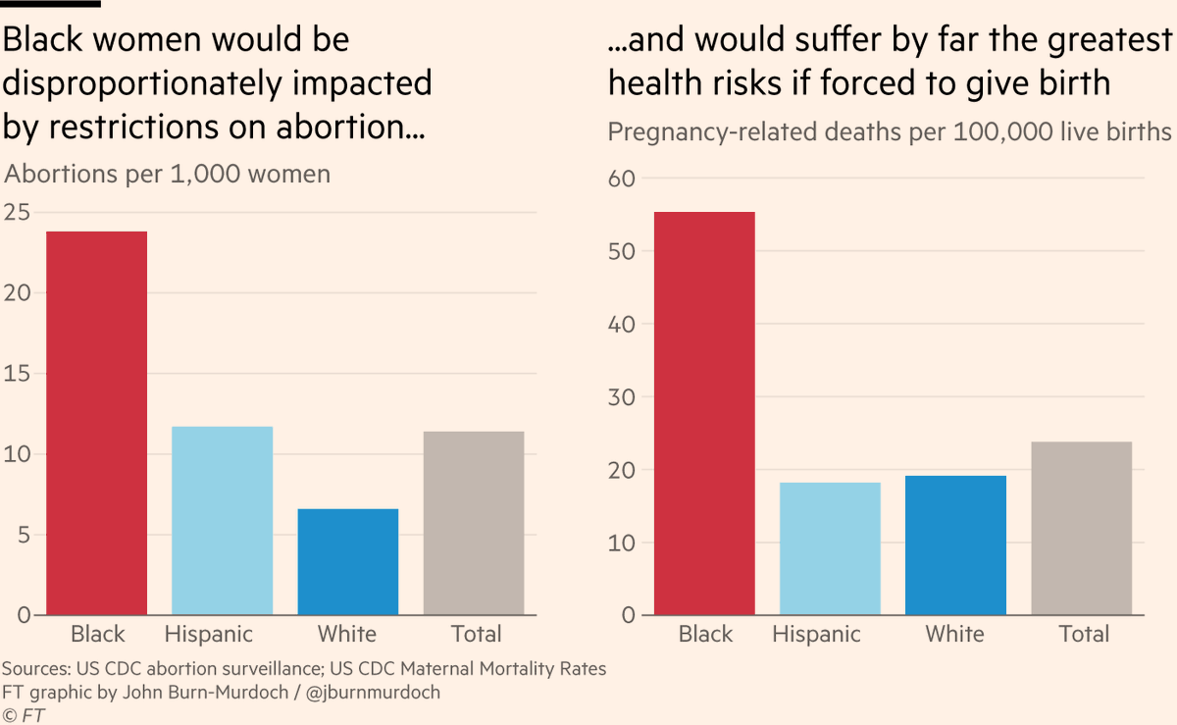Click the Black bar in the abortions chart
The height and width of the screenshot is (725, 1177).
pos(96,423)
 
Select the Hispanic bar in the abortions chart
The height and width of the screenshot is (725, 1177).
pos(222,521)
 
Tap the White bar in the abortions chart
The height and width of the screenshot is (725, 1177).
pos(348,562)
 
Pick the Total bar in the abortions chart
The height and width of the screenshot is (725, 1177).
pos(474,523)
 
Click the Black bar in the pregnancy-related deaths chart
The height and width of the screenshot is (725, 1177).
pos(704,413)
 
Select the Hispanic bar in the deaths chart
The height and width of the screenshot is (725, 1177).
pos(830,548)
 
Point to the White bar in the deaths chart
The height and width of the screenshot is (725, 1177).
pos(955,545)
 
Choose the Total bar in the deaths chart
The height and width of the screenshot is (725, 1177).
pos(1082,528)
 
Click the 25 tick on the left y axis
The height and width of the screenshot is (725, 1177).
pos(17,212)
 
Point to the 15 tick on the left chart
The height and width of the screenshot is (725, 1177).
pos(17,374)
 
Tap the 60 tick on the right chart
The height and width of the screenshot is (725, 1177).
pos(624,179)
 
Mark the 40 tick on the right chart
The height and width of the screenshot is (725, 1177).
pos(624,324)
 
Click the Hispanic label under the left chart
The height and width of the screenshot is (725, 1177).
pos(209,634)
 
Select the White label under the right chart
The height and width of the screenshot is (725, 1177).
pos(954,634)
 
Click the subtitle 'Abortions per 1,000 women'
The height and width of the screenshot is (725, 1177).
pos(168,175)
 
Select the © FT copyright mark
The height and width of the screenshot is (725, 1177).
pos(25,715)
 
